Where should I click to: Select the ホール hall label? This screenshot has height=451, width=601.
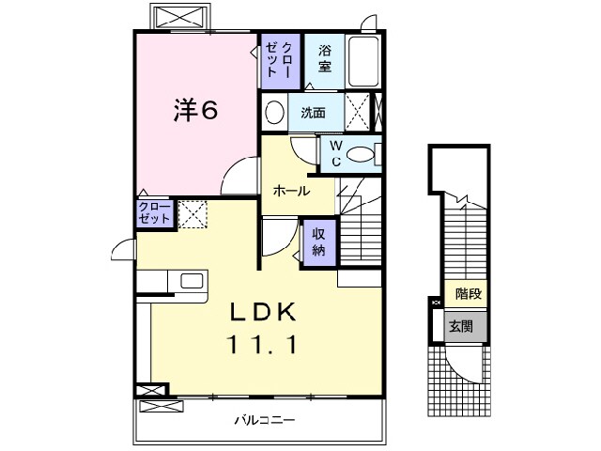(291, 191)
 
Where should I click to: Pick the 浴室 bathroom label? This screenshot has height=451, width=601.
(325, 57)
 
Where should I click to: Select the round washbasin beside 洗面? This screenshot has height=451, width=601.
(274, 112)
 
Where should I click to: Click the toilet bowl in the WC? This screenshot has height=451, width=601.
(361, 154)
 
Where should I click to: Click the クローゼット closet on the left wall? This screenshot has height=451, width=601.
(155, 213)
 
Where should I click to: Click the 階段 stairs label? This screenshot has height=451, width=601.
(468, 294)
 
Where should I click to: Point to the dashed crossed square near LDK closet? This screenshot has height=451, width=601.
(193, 214)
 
